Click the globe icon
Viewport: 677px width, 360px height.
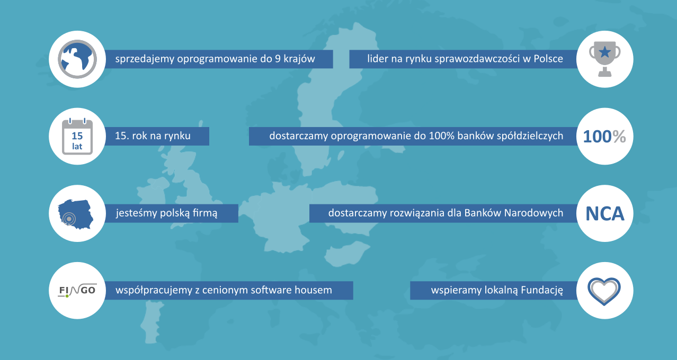click(77, 59)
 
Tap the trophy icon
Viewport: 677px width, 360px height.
click(604, 59)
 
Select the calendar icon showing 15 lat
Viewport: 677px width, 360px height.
click(77, 137)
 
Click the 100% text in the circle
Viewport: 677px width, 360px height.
click(604, 137)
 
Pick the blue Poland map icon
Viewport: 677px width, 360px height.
click(76, 214)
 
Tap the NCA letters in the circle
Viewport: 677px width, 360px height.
click(605, 214)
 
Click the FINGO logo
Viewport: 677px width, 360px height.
click(77, 291)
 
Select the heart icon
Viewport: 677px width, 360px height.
click(604, 291)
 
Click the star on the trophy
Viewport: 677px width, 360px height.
click(605, 52)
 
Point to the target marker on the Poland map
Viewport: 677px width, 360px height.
click(69, 218)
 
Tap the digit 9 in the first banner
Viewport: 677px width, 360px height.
click(278, 59)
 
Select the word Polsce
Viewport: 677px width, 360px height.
click(548, 59)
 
